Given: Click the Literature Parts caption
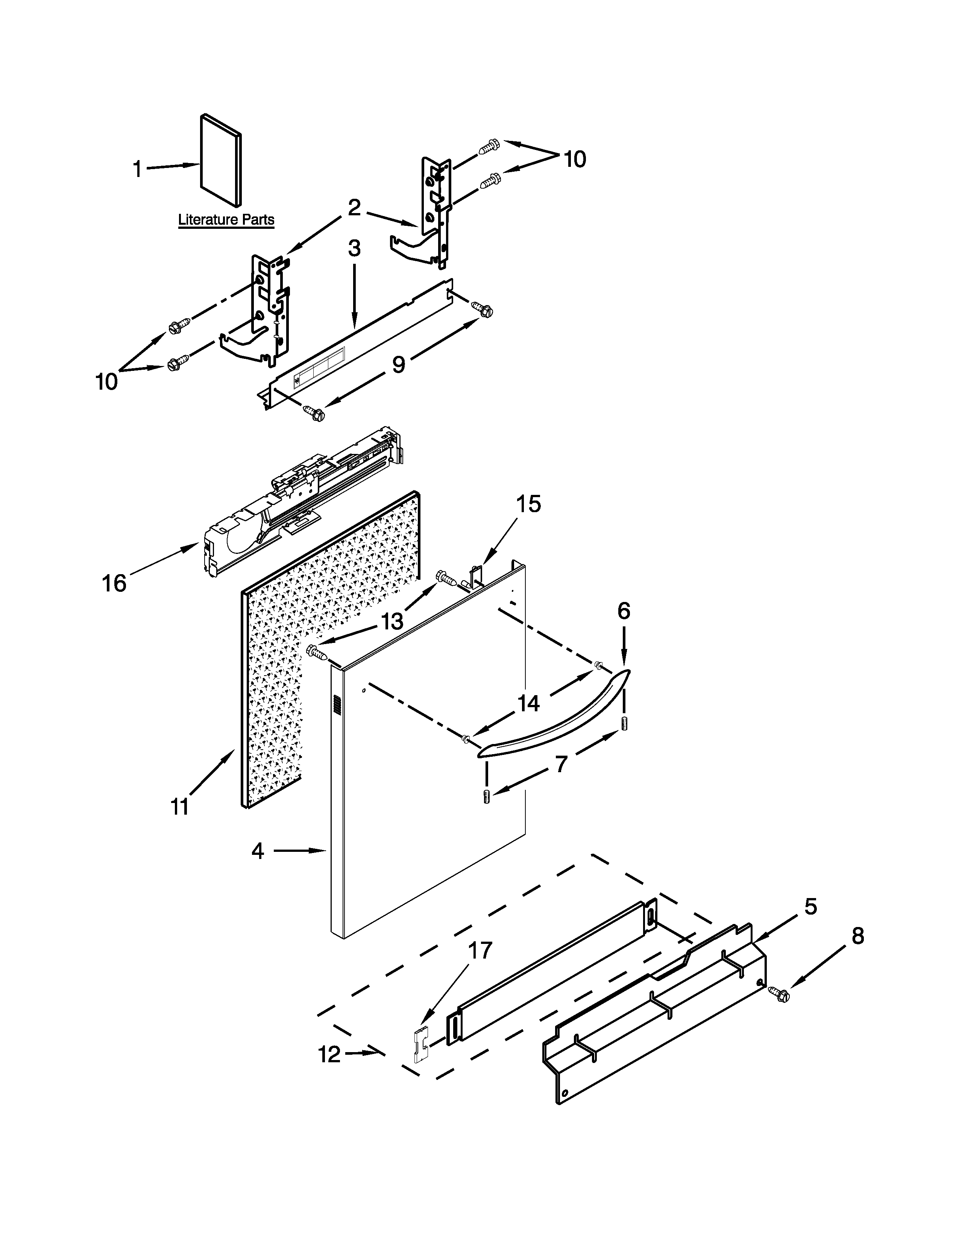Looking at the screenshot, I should coord(226,220).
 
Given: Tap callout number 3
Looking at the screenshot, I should coord(354,249).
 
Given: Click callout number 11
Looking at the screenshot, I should coord(179,806).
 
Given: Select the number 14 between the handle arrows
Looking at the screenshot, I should coord(528,704).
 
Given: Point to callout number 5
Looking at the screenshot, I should coord(810,907).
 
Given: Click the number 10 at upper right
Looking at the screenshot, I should coord(575,160).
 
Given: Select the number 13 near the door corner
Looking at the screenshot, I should coord(392,622).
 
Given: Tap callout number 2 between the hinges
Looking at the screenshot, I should coord(354,208).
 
